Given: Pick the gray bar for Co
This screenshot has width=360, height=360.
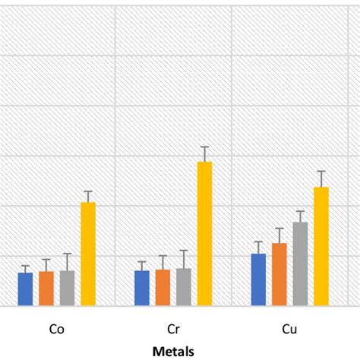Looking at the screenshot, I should coord(67,289).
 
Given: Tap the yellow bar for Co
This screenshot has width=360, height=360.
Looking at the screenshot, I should coord(88,254).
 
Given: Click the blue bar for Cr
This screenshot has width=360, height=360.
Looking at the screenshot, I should coord(142,289).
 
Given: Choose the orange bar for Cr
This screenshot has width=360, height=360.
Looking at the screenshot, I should coord(163,288).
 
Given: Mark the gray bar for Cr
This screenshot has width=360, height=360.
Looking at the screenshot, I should coord(184,287).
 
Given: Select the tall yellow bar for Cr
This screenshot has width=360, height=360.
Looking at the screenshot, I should coord(204,234).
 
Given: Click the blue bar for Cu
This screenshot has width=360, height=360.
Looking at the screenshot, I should coord(258,279).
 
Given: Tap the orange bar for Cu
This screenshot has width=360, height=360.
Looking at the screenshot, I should coord(279,275).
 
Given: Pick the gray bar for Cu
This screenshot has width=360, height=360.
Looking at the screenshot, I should coord(300,264).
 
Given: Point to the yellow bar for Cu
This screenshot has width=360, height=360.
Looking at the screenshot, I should coord(321,247).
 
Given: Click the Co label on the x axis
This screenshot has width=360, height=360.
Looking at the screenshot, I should coord(56,330).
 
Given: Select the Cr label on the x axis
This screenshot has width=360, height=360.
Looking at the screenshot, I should coord(173,330).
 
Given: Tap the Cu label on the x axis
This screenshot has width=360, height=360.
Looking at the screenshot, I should coord(289,330).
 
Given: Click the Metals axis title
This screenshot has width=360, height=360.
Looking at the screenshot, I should coord(173,351).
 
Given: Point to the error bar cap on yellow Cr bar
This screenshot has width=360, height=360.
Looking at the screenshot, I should coord(204,147).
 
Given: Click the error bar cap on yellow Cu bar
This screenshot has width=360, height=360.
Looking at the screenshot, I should coord(321,172).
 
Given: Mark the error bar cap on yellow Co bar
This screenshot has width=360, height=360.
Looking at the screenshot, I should coord(88,191).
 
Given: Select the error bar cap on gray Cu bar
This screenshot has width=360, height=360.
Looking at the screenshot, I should coord(300,211).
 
